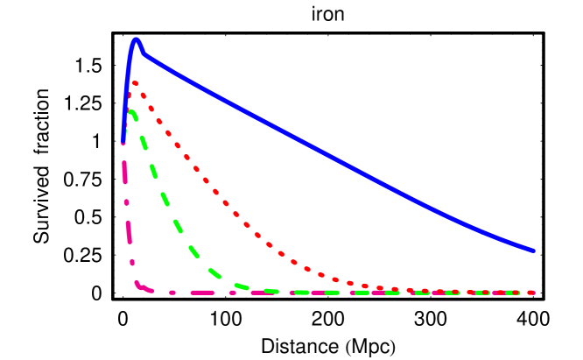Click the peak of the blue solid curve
pyautogui.click(x=136, y=40)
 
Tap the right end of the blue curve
pyautogui.click(x=532, y=251)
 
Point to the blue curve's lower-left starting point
pyautogui.click(x=123, y=139)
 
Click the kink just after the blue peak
pyautogui.click(x=144, y=55)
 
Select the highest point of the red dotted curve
pyautogui.click(x=134, y=83)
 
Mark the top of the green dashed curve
pyautogui.click(x=130, y=112)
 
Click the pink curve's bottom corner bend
pyautogui.click(x=138, y=284)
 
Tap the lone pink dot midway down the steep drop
pyautogui.click(x=127, y=202)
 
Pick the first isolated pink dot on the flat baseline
pyautogui.click(x=172, y=293)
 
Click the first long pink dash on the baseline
pyautogui.click(x=202, y=293)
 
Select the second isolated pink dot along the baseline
pyautogui.click(x=232, y=293)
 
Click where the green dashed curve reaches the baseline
pyautogui.click(x=271, y=291)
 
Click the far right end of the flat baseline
pyautogui.click(x=532, y=293)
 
